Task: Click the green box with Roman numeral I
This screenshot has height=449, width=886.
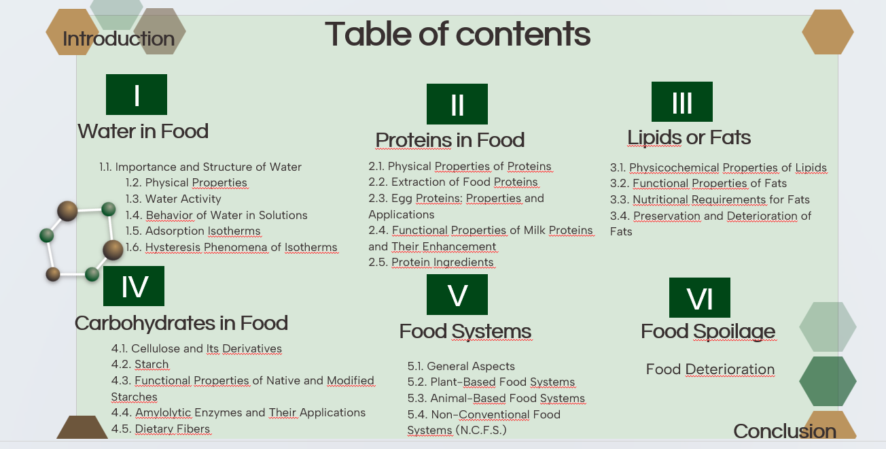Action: click(x=137, y=95)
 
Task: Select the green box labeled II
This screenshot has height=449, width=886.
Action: click(x=457, y=104)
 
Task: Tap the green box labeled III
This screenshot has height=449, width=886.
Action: click(x=681, y=102)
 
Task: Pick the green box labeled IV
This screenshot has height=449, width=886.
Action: click(x=134, y=286)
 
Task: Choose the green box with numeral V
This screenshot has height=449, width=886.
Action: click(x=457, y=295)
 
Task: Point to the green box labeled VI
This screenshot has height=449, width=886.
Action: click(x=699, y=298)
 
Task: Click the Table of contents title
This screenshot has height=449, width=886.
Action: click(x=457, y=33)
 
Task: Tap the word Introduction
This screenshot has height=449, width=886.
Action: click(x=118, y=39)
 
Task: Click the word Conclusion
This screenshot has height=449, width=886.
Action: click(x=785, y=431)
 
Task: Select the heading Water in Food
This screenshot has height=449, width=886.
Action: click(x=143, y=131)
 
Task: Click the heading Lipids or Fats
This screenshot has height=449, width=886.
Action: click(x=689, y=137)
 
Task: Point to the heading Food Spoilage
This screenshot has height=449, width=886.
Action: click(x=708, y=331)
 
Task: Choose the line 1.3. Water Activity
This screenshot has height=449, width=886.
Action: click(x=173, y=199)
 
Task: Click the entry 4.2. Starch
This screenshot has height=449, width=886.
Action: click(x=140, y=365)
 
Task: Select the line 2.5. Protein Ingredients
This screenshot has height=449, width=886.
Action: click(x=431, y=263)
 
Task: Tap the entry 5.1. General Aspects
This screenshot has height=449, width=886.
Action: click(x=461, y=366)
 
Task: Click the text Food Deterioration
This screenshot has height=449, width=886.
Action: click(x=710, y=369)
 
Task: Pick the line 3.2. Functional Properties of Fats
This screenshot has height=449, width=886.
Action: click(x=698, y=184)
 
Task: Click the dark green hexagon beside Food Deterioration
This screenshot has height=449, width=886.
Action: click(x=827, y=382)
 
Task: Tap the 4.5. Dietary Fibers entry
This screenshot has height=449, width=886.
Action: click(x=161, y=429)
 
